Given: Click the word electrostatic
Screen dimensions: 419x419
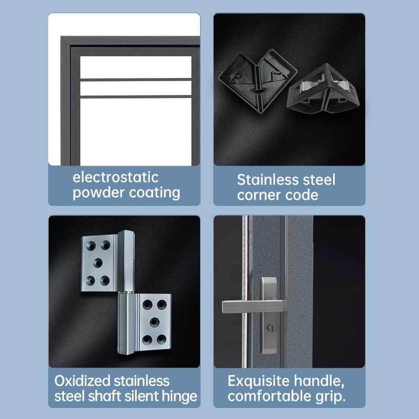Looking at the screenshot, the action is click(x=115, y=178).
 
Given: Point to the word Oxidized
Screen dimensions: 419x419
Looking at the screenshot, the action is click(x=82, y=381).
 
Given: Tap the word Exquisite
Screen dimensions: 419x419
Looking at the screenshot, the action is click(x=259, y=381).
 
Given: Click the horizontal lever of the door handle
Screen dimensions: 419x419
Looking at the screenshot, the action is click(x=254, y=306).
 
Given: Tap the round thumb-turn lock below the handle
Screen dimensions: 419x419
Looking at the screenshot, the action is click(x=270, y=328).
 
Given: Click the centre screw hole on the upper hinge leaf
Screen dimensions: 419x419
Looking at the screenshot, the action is click(x=98, y=263).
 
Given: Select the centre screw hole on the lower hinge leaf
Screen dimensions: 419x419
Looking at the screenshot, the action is click(x=155, y=322).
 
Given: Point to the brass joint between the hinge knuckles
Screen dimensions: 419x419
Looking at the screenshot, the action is click(x=126, y=292).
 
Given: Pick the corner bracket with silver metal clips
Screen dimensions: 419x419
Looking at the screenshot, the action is click(x=323, y=89).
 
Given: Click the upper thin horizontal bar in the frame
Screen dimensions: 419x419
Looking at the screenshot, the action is click(x=136, y=80).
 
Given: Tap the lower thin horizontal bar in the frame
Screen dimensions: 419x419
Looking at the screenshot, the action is click(x=136, y=97).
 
